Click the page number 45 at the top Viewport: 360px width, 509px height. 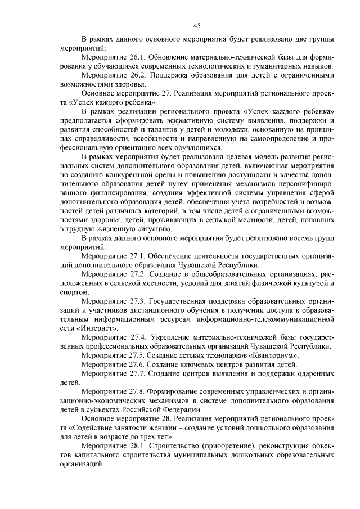coord(197,25)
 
